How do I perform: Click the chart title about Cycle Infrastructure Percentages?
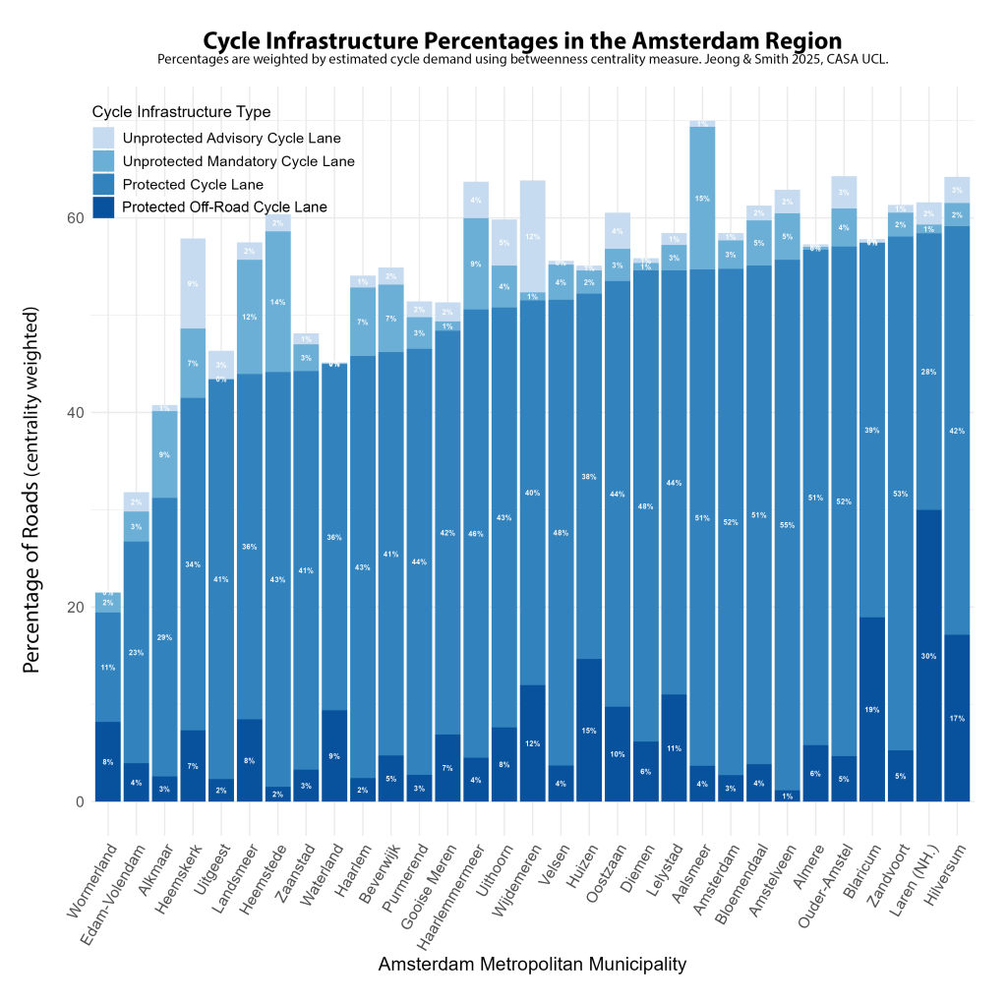(522, 41)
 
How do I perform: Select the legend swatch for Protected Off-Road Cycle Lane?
(103, 206)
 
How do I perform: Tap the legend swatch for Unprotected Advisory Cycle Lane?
(103, 138)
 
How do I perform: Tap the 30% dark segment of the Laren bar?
(929, 655)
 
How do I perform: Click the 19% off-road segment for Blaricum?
(872, 709)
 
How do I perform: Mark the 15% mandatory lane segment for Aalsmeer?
(702, 199)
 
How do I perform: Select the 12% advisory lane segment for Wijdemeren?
(533, 236)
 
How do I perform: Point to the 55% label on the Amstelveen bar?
(787, 526)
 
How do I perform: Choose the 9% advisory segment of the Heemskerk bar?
(192, 284)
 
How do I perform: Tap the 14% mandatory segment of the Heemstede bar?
(277, 302)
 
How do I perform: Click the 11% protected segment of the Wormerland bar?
(108, 668)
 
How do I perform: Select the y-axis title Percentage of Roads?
(32, 490)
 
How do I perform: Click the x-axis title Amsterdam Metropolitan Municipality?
(532, 965)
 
